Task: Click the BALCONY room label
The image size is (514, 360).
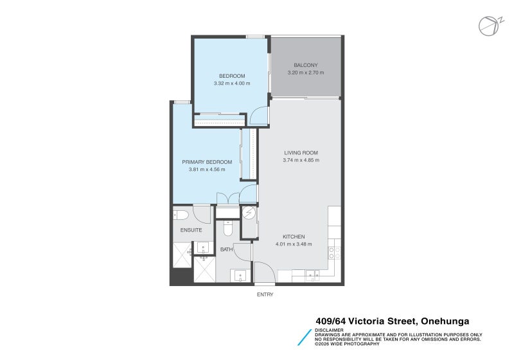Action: [305, 65]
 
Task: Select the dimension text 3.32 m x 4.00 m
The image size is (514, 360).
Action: [232, 84]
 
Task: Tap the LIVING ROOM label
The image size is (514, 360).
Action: [301, 152]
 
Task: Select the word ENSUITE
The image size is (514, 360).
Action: [191, 230]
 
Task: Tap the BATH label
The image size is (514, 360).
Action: [226, 249]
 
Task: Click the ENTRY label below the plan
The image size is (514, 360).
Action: [265, 294]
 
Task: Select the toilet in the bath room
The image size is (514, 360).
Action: [226, 228]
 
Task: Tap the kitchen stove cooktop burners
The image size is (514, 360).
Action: [334, 253]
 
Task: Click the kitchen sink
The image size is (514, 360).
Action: [313, 276]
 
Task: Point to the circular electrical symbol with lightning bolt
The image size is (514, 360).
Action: [249, 212]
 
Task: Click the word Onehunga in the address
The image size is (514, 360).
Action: [445, 321]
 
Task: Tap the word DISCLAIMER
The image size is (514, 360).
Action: [327, 330]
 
